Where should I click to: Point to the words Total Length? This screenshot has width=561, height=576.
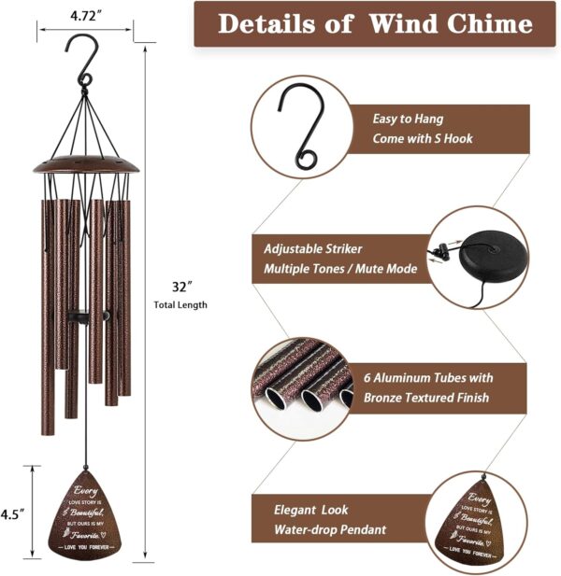[180, 304]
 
